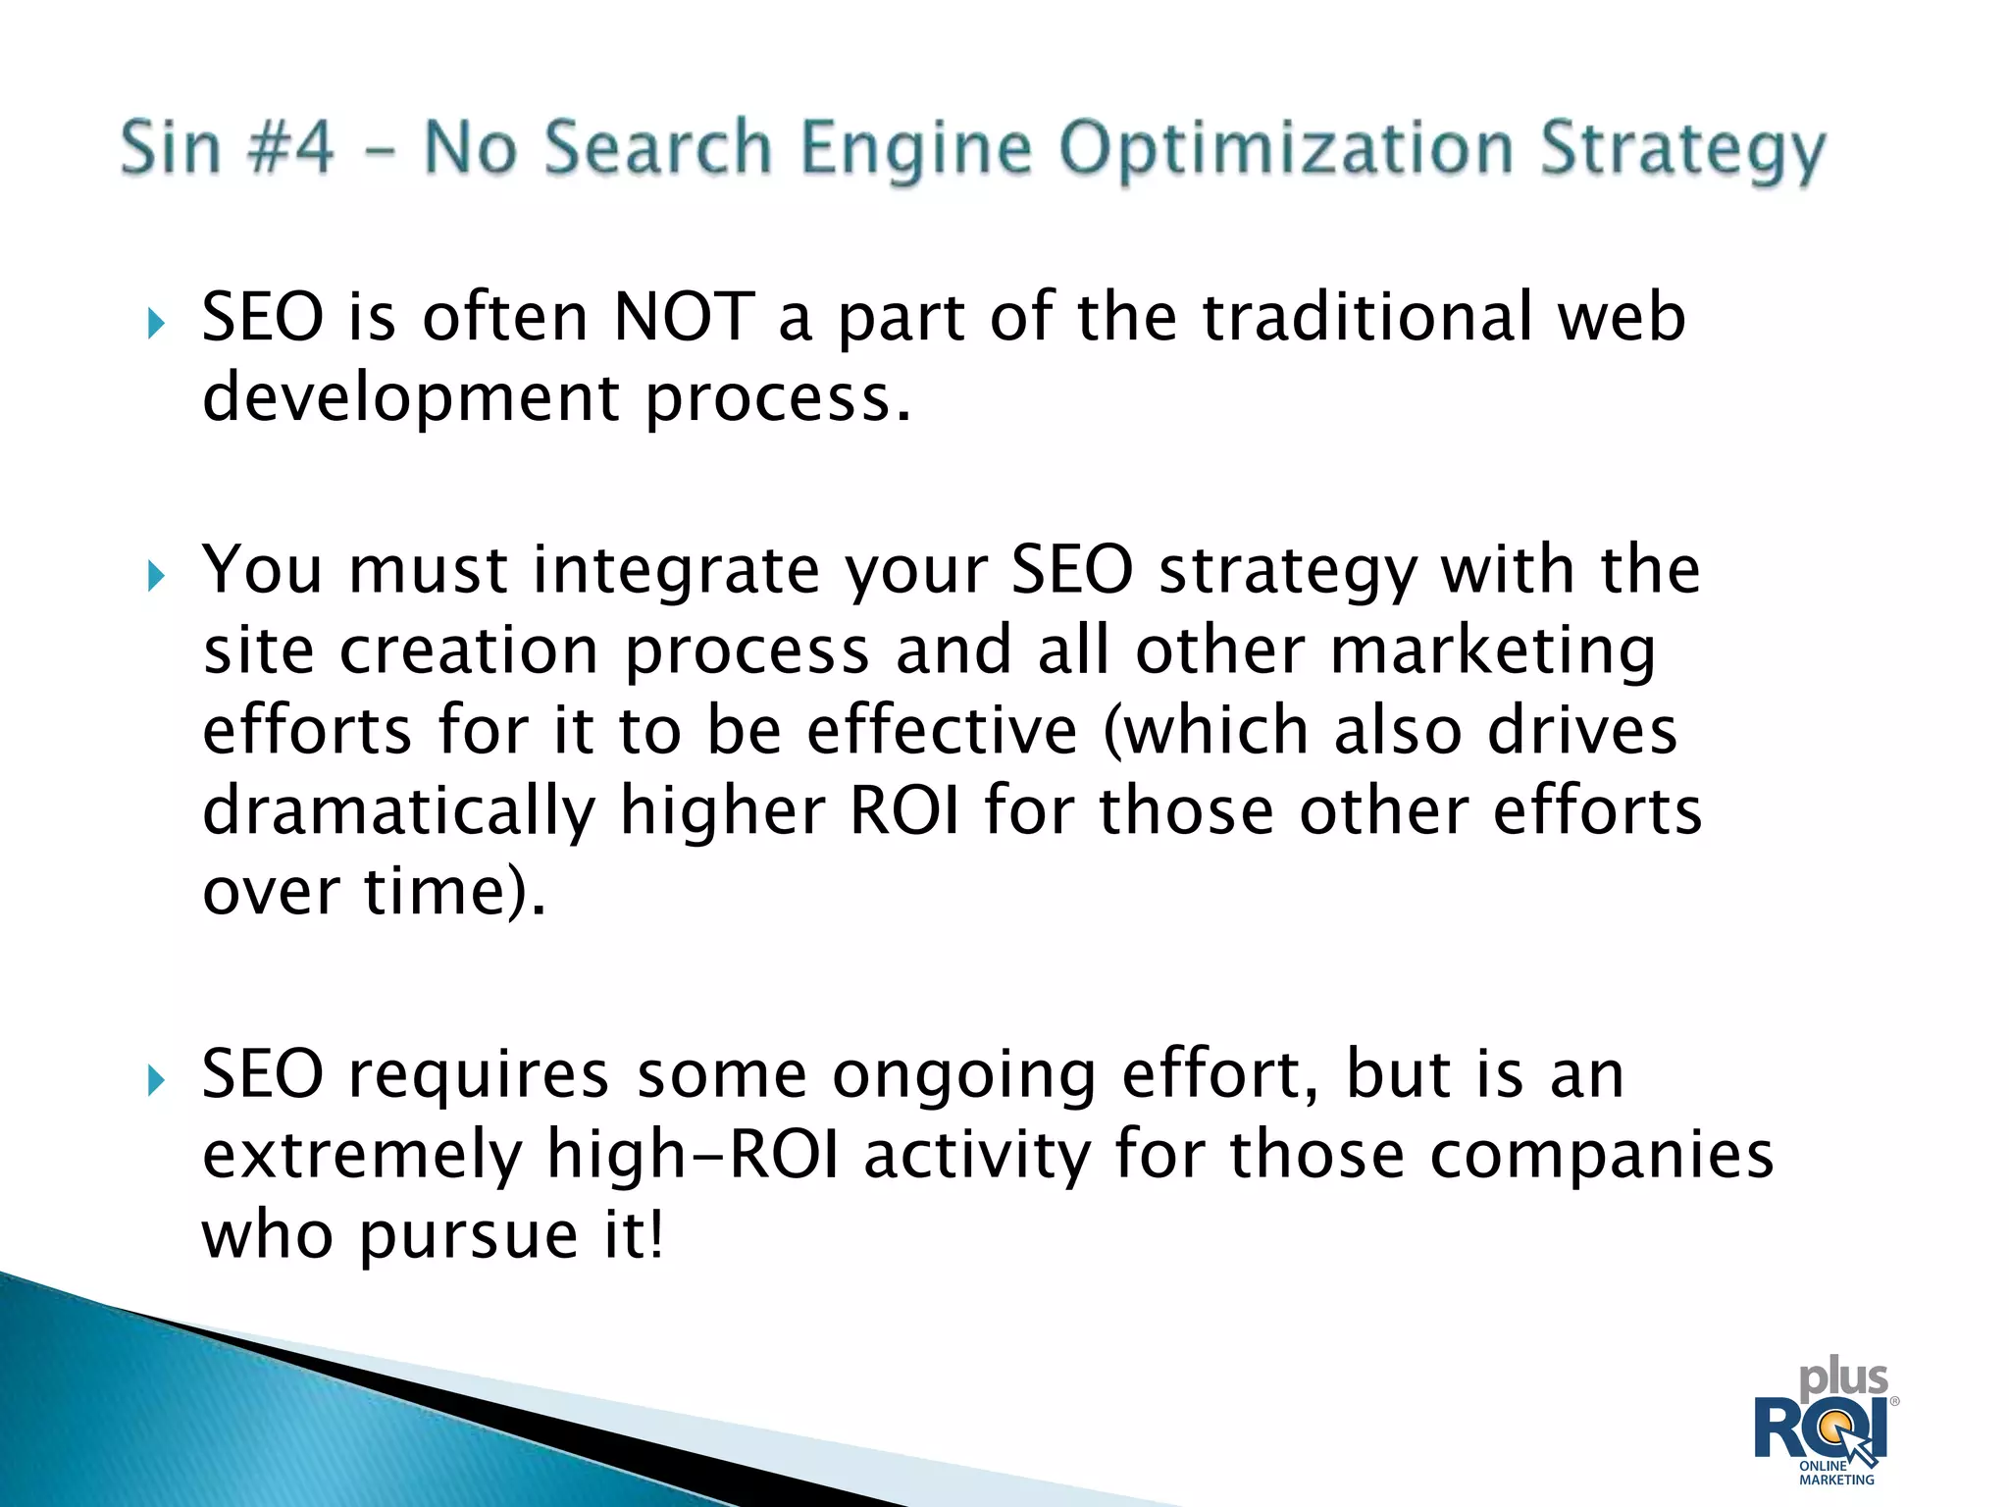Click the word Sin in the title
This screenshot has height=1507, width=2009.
point(171,148)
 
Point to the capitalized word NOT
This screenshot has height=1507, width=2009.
point(684,318)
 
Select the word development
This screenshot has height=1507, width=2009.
point(410,399)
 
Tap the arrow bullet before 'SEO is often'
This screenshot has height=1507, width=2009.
point(156,323)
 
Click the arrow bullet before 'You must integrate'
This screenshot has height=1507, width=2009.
point(156,575)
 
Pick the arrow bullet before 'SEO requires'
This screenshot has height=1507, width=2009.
point(156,1080)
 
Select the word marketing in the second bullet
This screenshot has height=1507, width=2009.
point(1493,652)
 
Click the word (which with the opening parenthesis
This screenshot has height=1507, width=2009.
point(1206,731)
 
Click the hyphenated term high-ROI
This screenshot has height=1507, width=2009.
point(693,1155)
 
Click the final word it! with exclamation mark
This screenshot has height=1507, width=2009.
point(634,1235)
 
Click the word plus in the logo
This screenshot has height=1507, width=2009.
point(1843,1380)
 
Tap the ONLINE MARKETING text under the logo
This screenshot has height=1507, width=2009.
point(1835,1473)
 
